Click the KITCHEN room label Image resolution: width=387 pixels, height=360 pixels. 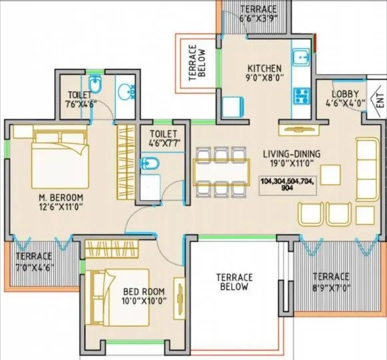tap(264, 69)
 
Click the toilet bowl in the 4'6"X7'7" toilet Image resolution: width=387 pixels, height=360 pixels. tap(150, 164)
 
